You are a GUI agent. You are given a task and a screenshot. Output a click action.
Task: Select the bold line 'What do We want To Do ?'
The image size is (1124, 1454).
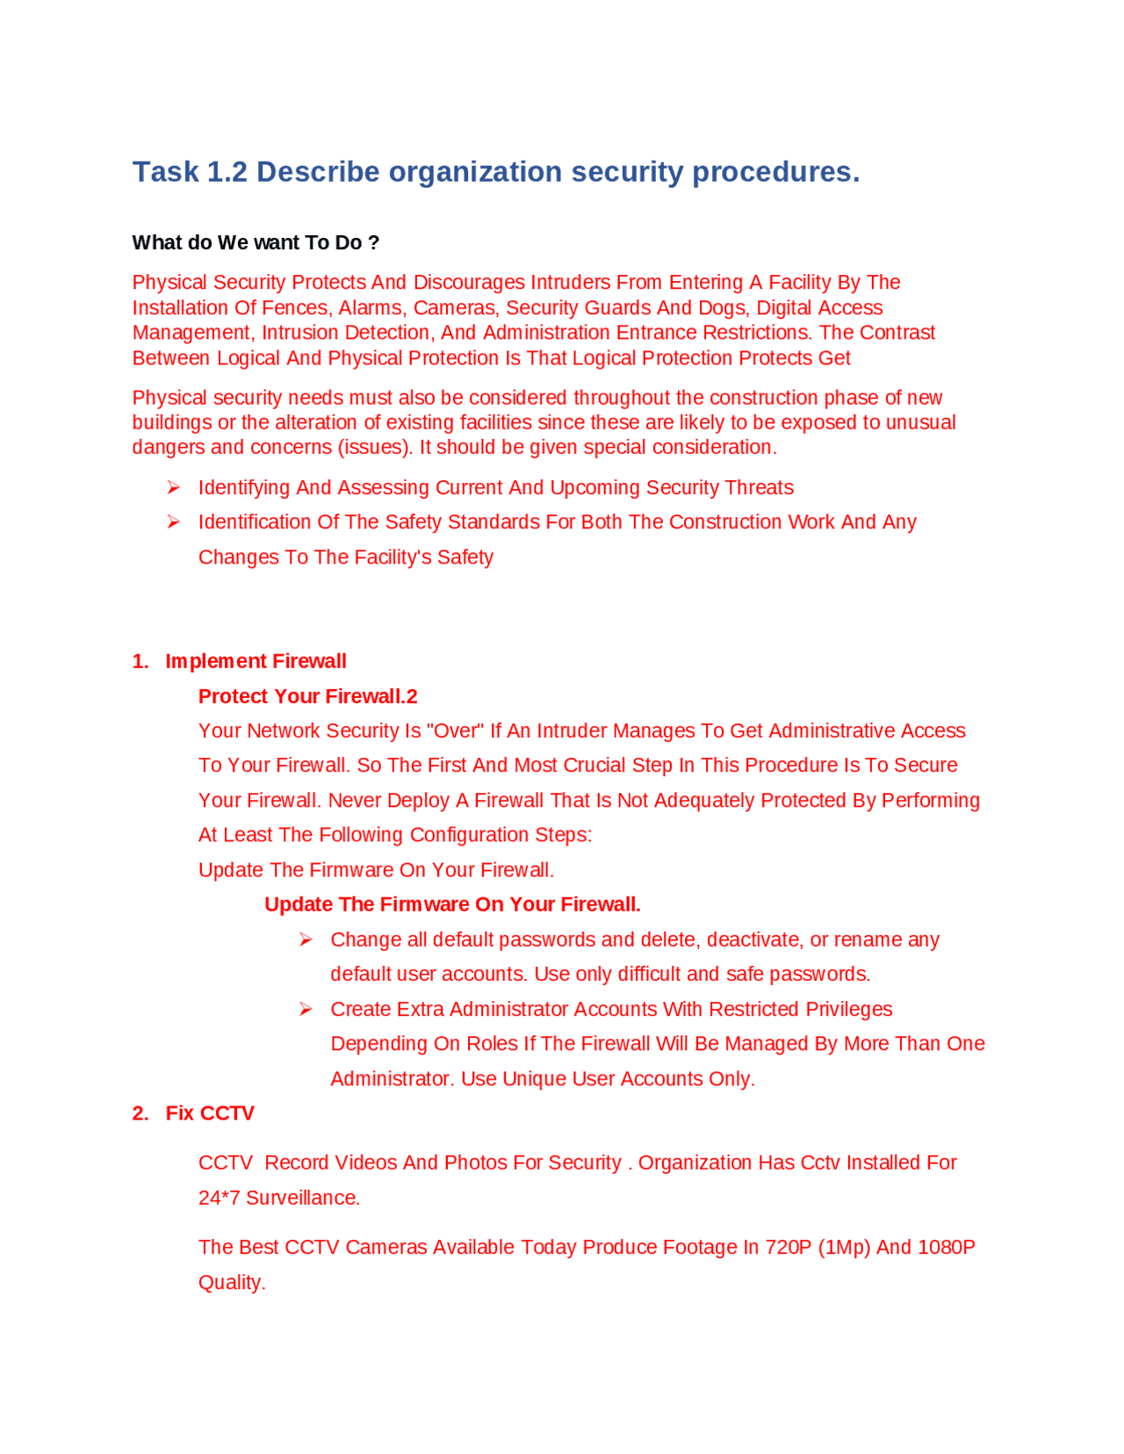point(256,243)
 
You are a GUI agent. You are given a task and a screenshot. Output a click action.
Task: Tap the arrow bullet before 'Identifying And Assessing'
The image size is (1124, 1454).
point(174,488)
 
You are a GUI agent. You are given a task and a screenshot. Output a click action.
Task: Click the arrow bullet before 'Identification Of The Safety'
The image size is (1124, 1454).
point(174,522)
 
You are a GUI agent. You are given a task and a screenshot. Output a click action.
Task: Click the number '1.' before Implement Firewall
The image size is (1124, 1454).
point(140,662)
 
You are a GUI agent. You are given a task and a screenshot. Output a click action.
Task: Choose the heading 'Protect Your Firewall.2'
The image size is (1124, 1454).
point(307,697)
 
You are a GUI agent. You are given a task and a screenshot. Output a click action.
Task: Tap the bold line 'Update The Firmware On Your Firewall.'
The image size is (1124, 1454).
point(452,905)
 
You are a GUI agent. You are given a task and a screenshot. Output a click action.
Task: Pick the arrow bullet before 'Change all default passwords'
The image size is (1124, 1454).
point(306,940)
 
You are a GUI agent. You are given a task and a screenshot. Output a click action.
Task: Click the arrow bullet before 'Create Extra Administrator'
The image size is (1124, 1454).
point(306,1010)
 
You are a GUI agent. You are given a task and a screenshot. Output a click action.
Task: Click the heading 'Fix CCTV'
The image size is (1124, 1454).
point(210,1114)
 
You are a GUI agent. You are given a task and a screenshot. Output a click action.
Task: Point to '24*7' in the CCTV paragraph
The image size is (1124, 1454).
point(219,1198)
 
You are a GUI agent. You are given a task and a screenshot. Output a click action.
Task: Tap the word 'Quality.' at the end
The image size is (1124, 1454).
point(232,1283)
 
